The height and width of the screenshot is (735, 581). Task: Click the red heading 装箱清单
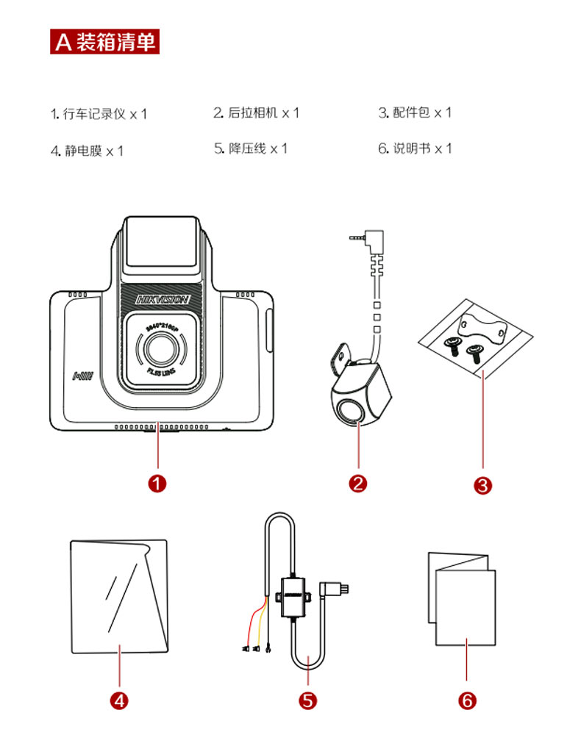click(x=104, y=40)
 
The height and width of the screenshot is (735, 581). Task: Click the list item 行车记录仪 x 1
click(x=99, y=114)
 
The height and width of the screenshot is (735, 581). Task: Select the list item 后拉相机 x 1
click(x=257, y=112)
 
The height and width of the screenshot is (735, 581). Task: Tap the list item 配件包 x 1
click(x=415, y=112)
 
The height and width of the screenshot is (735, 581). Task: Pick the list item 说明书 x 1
click(x=415, y=148)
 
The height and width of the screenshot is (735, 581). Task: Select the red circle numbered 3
click(x=482, y=485)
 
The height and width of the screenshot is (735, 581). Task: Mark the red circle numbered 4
click(x=119, y=699)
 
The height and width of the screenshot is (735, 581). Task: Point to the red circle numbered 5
click(x=309, y=699)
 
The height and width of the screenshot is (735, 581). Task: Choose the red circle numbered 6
click(x=467, y=699)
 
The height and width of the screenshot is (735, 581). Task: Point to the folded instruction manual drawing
click(x=462, y=598)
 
